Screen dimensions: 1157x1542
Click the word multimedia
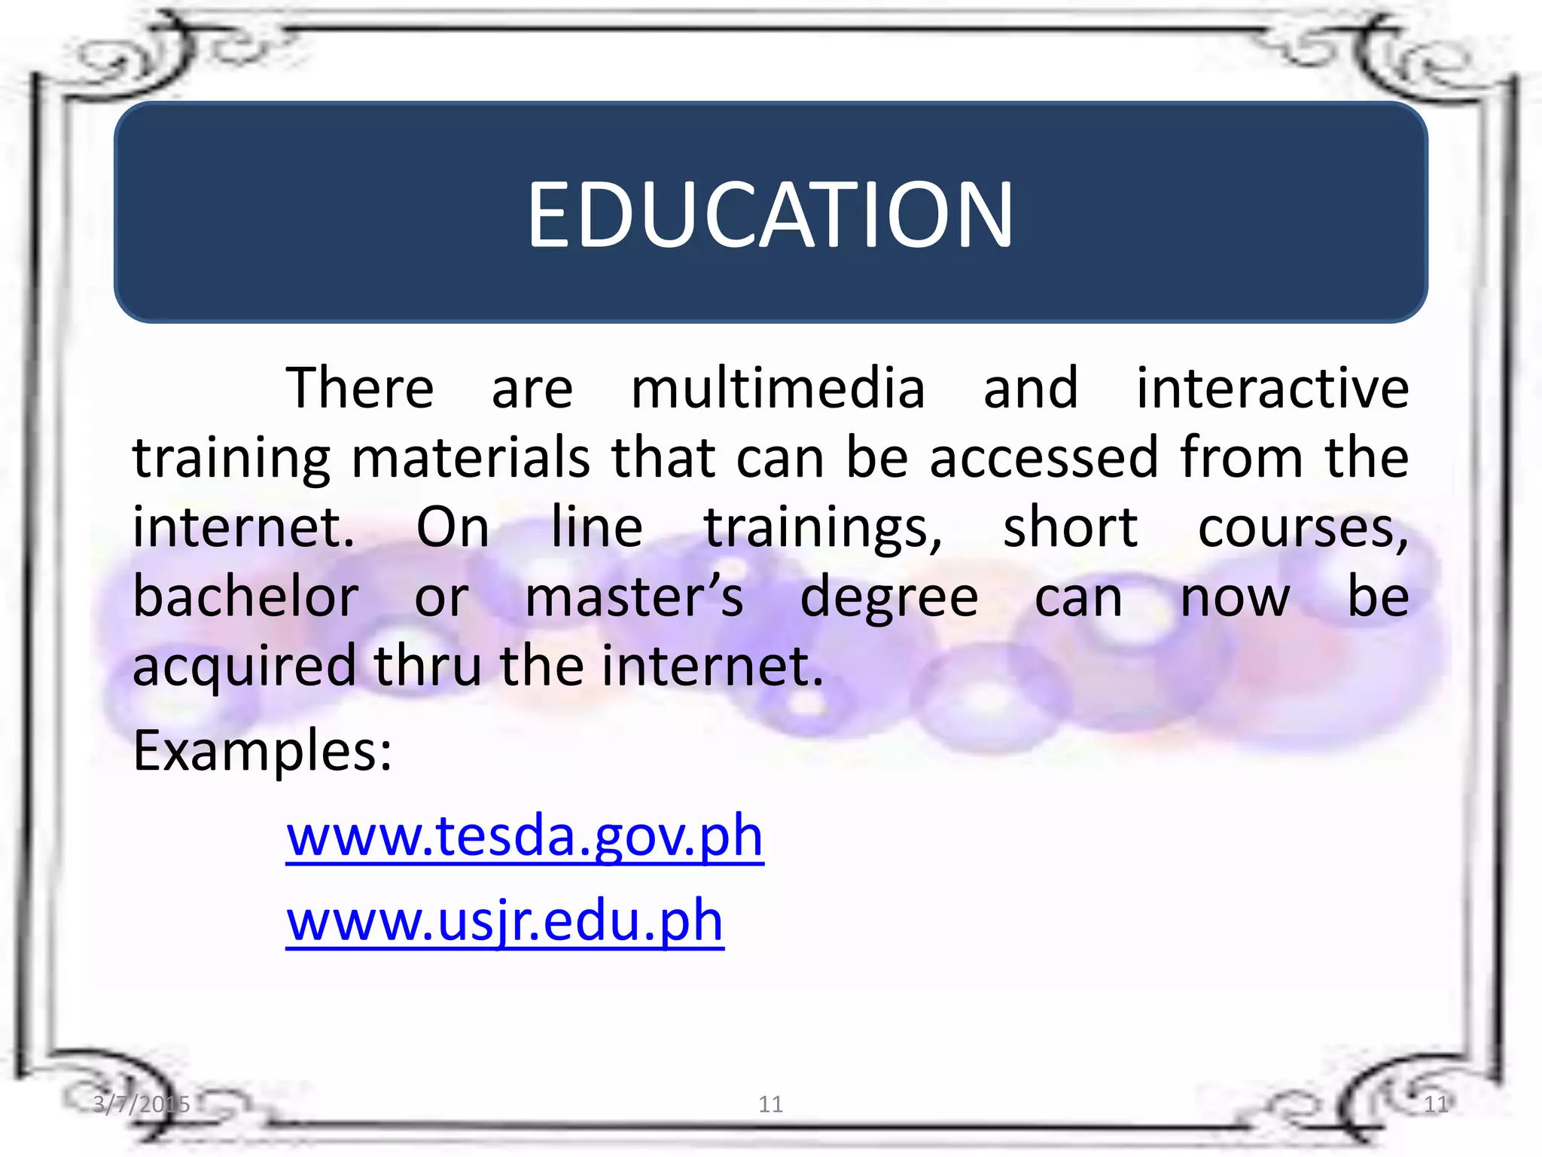pyautogui.click(x=778, y=388)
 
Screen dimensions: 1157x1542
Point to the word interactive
pyautogui.click(x=1272, y=388)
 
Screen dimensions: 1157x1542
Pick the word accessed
pyautogui.click(x=1044, y=457)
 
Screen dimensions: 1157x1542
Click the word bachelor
pyautogui.click(x=245, y=597)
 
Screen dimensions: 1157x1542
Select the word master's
pyautogui.click(x=634, y=597)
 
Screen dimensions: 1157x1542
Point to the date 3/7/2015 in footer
pyautogui.click(x=142, y=1104)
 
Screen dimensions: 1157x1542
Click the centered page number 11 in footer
pyautogui.click(x=770, y=1104)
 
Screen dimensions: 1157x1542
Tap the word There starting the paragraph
pyautogui.click(x=360, y=388)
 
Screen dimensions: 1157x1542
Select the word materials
pyautogui.click(x=471, y=457)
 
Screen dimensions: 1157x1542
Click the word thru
pyautogui.click(x=427, y=666)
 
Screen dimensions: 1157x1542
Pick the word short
pyautogui.click(x=1070, y=527)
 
